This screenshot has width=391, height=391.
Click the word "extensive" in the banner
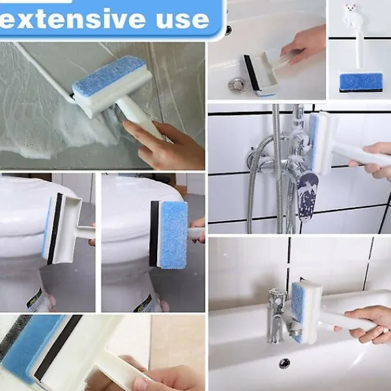click(72, 18)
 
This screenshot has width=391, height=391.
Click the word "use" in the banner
click(182, 19)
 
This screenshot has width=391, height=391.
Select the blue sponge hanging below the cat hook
click(361, 82)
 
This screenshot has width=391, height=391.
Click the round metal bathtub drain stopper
click(237, 85)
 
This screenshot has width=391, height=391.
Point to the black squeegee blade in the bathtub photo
click(252, 72)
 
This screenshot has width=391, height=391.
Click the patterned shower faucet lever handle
click(308, 196)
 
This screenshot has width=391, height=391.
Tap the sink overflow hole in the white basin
click(284, 364)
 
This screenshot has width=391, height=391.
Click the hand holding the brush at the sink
click(366, 324)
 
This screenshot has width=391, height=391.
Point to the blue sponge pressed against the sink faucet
click(297, 311)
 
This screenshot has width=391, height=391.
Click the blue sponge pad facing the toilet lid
click(173, 235)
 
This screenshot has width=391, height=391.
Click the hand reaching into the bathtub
click(304, 46)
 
